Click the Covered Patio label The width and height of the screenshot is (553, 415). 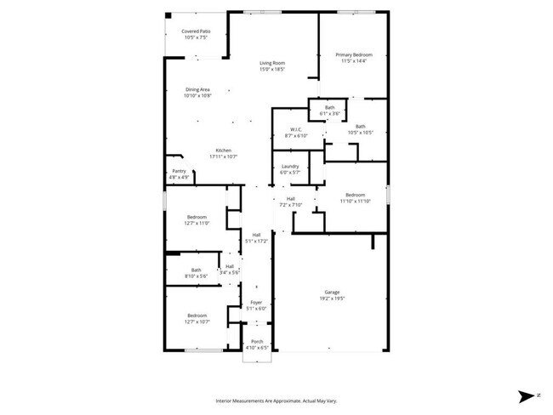[x=196, y=31]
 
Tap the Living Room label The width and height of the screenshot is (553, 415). [x=271, y=63]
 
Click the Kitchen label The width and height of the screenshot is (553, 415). [x=223, y=151]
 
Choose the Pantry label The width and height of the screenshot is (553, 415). [x=179, y=171]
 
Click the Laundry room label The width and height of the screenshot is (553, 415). [x=290, y=166]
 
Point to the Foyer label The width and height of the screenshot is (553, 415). [x=256, y=303]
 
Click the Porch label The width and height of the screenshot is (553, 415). [x=256, y=342]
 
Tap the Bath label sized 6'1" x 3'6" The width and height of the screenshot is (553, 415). [x=329, y=107]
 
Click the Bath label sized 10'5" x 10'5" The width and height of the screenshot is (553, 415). [x=360, y=127]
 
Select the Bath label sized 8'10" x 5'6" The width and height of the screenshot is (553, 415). [x=197, y=270]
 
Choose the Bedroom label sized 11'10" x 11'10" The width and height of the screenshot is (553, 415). [x=355, y=194]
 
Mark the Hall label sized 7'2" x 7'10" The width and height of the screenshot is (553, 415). [x=290, y=199]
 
